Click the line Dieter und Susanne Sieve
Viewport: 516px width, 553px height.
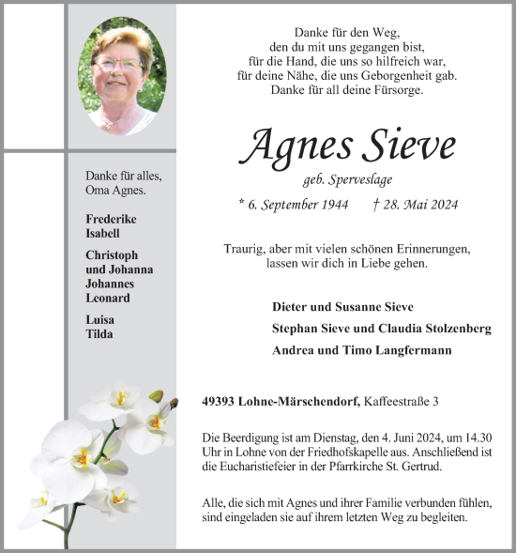(341, 307)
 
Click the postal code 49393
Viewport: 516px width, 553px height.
(218, 402)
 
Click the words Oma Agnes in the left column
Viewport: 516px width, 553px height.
(116, 190)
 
